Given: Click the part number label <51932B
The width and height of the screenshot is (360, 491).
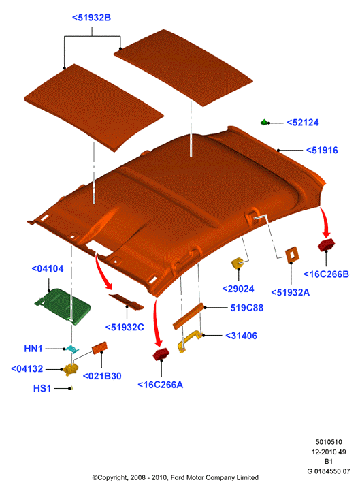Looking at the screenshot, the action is point(91,18).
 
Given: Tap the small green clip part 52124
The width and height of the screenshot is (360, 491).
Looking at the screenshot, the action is point(265,122).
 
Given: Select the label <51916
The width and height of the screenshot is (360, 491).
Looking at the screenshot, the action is point(322,151).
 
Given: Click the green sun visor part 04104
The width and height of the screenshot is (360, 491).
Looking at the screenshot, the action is point(63,305).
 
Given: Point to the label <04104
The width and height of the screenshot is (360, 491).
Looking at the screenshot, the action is point(48,269).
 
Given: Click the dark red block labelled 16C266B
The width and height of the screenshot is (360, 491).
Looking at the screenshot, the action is point(326,245).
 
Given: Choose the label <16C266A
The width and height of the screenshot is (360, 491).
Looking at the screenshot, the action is point(161,385).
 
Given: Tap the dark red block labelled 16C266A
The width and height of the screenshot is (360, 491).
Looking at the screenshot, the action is point(161,354).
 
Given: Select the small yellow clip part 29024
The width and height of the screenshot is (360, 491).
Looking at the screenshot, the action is point(238,263).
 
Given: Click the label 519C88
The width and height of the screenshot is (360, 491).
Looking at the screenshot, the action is point(247,308).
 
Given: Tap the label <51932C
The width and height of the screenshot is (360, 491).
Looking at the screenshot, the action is point(125,328).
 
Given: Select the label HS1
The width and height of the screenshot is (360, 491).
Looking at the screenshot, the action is point(42,388).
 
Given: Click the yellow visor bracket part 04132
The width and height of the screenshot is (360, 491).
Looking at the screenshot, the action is point(71,370).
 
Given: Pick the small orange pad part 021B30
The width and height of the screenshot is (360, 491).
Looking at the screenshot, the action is point(99,347).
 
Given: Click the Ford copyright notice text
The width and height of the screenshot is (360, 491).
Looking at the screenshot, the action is point(176,477).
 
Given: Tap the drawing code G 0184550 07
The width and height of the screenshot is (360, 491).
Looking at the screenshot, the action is point(329,471).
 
